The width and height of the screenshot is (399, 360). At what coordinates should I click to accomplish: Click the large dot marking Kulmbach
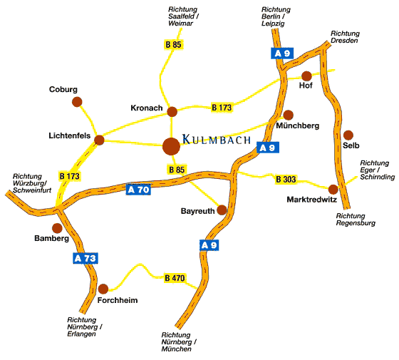point(171,146)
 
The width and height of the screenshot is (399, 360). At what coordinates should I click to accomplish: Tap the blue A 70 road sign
point(138,190)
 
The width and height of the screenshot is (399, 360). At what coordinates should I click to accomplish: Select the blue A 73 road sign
point(85,258)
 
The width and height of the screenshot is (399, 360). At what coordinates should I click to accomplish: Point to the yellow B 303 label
point(286,179)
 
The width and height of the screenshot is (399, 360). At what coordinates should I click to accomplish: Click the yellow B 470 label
point(175,278)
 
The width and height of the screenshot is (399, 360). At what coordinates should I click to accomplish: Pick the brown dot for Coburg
point(77,102)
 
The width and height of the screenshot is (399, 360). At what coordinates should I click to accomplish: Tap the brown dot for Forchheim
point(103,289)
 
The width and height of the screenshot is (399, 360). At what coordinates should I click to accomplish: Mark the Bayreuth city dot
point(222,210)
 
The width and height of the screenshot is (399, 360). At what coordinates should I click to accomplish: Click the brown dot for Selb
point(348,135)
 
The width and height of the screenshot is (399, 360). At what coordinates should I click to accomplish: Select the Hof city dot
point(306,76)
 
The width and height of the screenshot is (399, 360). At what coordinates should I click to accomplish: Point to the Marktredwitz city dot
point(333,190)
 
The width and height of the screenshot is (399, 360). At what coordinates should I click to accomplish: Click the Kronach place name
point(147,108)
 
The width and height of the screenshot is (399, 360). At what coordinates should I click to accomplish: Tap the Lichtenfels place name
point(70,135)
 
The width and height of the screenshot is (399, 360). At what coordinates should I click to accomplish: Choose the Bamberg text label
point(51,239)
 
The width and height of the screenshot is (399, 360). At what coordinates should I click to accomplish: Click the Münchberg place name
point(298,125)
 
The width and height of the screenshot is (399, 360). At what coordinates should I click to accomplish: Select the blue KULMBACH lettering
point(217,140)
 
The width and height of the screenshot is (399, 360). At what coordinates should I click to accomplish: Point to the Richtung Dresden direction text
point(345,37)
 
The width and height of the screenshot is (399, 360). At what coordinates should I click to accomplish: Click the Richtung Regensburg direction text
point(356,220)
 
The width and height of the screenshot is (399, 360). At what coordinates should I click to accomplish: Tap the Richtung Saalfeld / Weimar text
point(184,16)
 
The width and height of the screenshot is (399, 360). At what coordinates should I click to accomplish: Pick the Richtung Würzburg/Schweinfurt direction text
point(32,183)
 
